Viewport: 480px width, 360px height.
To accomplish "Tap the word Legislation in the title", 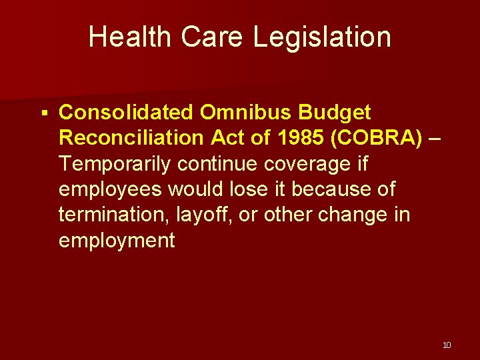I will pyautogui.click(x=322, y=37).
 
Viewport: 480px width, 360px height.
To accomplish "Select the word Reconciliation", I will pyautogui.click(x=131, y=137).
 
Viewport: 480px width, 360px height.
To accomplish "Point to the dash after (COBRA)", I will pyautogui.click(x=435, y=138).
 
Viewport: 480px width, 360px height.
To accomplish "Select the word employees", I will pyautogui.click(x=110, y=189).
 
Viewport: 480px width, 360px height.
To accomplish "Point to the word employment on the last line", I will pyautogui.click(x=117, y=240).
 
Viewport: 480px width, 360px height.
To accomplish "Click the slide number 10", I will pyautogui.click(x=447, y=345).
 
